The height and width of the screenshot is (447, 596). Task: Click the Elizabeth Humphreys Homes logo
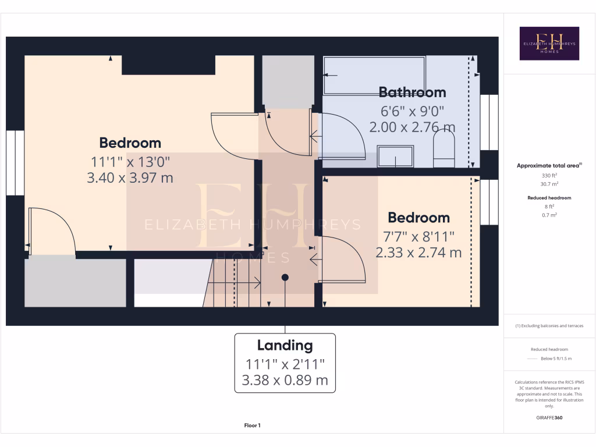click(x=549, y=43)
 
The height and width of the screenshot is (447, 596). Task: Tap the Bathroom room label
click(x=412, y=92)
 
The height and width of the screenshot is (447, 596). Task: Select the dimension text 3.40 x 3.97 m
click(x=130, y=178)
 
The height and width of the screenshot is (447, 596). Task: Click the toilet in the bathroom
click(x=444, y=148)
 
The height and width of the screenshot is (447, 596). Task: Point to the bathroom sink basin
click(x=395, y=157)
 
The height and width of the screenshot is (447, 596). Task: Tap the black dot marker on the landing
click(x=285, y=278)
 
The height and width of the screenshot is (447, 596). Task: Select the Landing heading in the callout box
click(x=285, y=345)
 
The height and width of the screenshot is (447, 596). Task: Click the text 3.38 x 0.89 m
click(x=285, y=381)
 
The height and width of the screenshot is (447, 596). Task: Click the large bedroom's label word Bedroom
click(x=130, y=143)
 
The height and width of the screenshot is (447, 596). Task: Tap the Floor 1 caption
click(x=252, y=426)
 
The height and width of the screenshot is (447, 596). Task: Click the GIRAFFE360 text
click(x=549, y=418)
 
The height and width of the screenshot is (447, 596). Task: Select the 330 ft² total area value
click(x=549, y=175)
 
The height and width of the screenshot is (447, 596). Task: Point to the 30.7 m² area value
click(x=549, y=183)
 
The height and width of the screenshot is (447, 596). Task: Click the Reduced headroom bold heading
click(x=549, y=198)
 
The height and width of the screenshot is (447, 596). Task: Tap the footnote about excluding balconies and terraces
click(x=549, y=326)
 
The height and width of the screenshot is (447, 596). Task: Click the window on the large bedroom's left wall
click(x=15, y=164)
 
